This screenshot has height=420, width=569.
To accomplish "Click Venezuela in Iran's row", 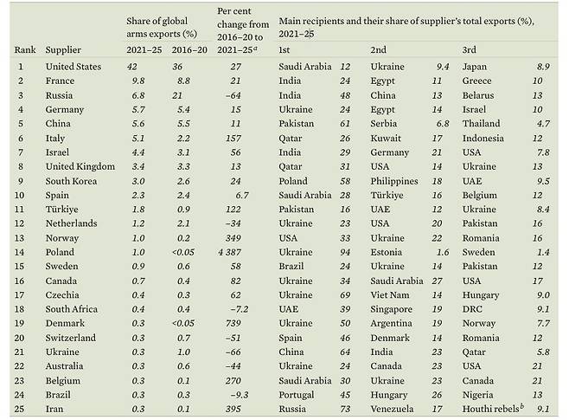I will point(393,408).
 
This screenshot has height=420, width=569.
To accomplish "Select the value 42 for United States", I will point(131,67).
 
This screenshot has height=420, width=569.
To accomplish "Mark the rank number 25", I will point(20,408).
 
